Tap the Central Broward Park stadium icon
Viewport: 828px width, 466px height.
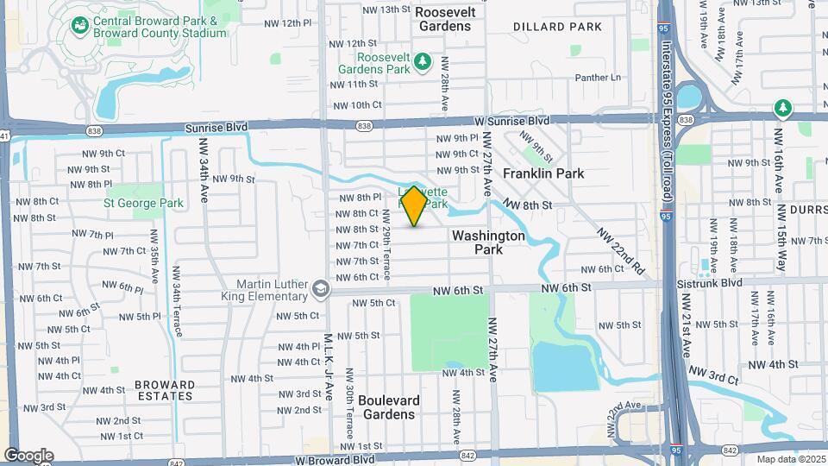[x=79, y=26]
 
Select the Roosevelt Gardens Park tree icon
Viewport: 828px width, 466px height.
[x=423, y=60]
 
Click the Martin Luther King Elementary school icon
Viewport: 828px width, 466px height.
[x=321, y=287]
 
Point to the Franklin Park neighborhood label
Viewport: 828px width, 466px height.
[x=543, y=173]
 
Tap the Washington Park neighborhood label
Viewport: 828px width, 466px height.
[x=488, y=242]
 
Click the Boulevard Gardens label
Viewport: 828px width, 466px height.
[x=389, y=407]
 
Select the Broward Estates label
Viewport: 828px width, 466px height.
[x=164, y=390]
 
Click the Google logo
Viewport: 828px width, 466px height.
[x=28, y=456]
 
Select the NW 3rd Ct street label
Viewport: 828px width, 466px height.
[x=715, y=379]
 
